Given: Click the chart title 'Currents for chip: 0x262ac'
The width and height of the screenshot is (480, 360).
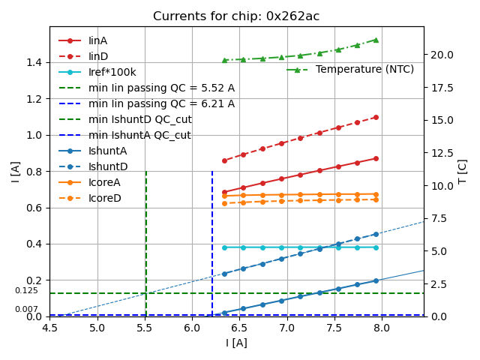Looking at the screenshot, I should [236, 16].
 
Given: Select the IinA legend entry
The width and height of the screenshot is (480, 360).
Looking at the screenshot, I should [98, 40].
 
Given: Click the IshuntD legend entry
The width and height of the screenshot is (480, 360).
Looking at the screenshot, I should [108, 166].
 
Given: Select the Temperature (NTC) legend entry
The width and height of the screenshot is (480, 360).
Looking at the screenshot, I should [364, 69].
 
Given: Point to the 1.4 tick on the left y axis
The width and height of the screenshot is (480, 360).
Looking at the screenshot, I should [34, 62].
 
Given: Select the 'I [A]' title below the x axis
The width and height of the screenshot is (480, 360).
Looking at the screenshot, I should [236, 343].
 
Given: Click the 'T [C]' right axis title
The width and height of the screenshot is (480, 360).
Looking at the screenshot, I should [463, 171].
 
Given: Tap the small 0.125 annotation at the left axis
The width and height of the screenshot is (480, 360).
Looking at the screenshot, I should [26, 290].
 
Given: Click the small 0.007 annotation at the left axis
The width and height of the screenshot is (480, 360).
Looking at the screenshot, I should [26, 309].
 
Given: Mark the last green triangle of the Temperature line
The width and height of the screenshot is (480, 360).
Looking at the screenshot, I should [376, 40].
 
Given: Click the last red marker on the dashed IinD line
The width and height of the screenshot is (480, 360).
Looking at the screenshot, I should [376, 117].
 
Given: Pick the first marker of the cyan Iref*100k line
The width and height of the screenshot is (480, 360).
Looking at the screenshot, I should [224, 247].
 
